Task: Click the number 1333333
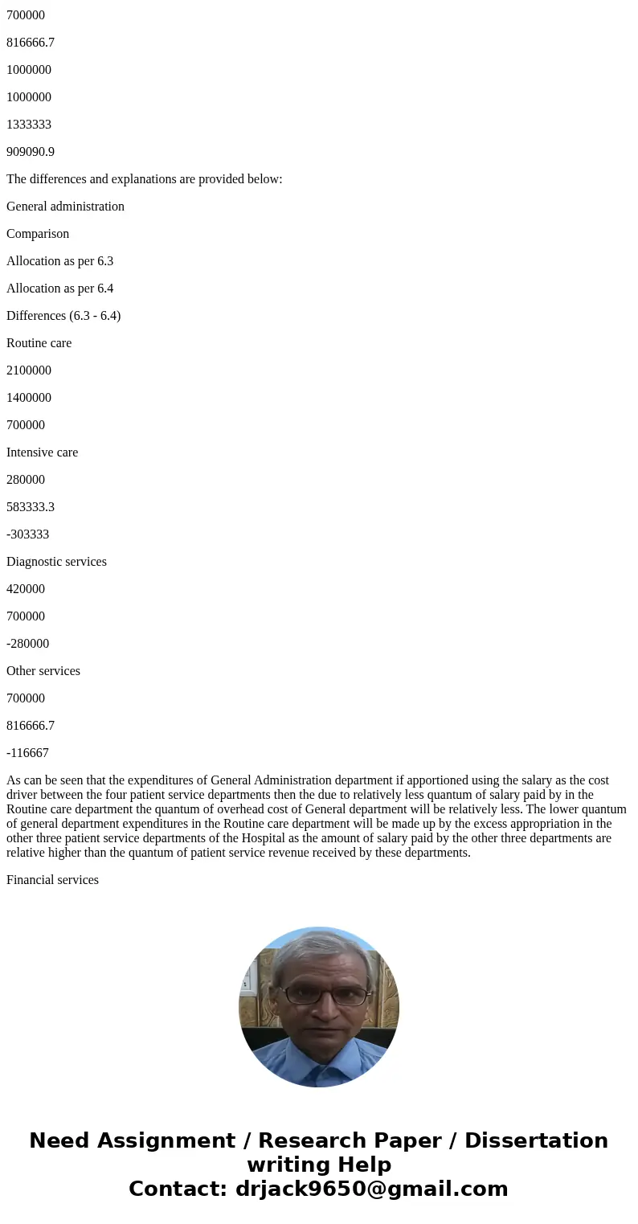(29, 125)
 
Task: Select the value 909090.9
(31, 152)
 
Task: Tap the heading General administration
(65, 207)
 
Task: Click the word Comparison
(38, 234)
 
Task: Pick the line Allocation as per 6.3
(59, 261)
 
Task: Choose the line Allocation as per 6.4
(59, 289)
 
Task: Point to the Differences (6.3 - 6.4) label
(63, 316)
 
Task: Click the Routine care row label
(39, 343)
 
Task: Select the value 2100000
(29, 370)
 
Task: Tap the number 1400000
(29, 398)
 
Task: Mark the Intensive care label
(42, 452)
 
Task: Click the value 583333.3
(31, 507)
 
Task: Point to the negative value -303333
(27, 534)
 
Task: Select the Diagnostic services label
(56, 562)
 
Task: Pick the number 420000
(26, 589)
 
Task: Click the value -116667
(27, 753)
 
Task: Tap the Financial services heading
(52, 880)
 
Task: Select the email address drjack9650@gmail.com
(370, 1189)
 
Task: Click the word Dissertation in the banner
(536, 1140)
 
